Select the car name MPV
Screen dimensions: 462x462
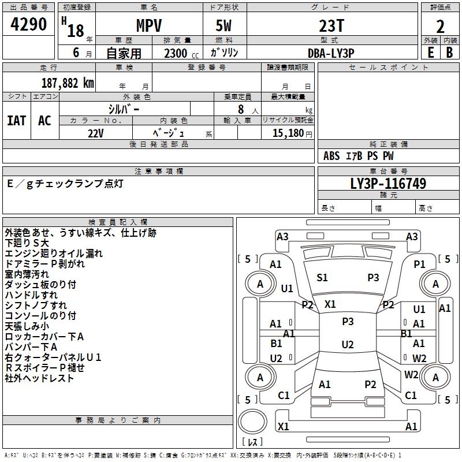pyautogui.click(x=148, y=27)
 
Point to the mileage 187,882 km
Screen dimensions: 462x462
pyautogui.click(x=68, y=83)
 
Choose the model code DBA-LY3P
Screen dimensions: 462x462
pyautogui.click(x=331, y=53)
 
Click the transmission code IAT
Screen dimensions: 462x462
pyautogui.click(x=17, y=121)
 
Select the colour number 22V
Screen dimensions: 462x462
pyautogui.click(x=95, y=133)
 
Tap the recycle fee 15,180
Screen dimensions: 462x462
pyautogui.click(x=286, y=133)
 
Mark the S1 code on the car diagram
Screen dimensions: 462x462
pyautogui.click(x=322, y=278)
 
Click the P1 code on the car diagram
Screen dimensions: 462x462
pyautogui.click(x=419, y=264)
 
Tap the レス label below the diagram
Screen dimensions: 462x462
pyautogui.click(x=255, y=442)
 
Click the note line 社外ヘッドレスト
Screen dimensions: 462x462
pyautogui.click(x=39, y=378)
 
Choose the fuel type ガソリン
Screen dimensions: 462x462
pyautogui.click(x=225, y=53)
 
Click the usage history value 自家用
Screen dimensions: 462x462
pyautogui.click(x=124, y=53)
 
